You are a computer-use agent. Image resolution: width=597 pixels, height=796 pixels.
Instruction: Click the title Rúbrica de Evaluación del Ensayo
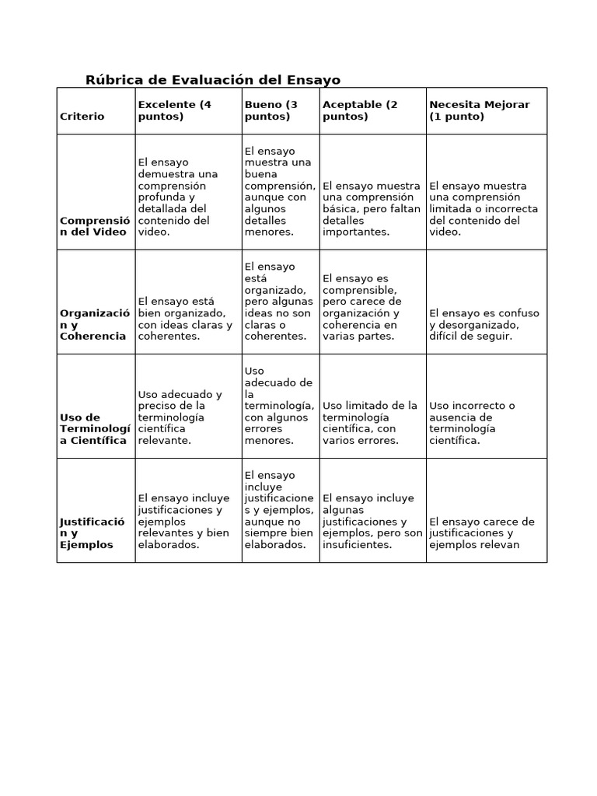pos(212,80)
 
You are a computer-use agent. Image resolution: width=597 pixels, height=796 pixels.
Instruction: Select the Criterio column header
pos(82,117)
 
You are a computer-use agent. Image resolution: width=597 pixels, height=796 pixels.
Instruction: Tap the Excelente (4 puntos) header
pos(175,110)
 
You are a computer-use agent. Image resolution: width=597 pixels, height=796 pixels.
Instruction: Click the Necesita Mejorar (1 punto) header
pos(479,110)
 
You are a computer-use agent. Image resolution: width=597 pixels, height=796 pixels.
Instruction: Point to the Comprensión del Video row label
pos(95,226)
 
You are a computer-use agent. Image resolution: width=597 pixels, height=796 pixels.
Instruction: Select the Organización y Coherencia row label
pos(95,325)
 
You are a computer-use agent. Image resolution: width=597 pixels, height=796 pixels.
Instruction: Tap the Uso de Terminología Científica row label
pos(95,429)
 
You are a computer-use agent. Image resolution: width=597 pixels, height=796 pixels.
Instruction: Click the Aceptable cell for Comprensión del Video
pos(372,209)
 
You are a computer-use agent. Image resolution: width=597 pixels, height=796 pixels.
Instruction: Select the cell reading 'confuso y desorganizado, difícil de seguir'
pos(484,325)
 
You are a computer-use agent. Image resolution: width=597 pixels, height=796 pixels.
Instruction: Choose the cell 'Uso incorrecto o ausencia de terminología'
pos(473,423)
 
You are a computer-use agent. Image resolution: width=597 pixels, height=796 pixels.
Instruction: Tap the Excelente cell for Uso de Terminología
pos(180,417)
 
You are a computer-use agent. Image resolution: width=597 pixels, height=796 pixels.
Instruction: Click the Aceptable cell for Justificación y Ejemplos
pos(372,522)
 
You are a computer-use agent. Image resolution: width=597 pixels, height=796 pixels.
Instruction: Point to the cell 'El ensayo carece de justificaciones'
pos(481,533)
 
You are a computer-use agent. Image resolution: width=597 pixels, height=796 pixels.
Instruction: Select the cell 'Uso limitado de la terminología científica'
pos(370,423)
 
